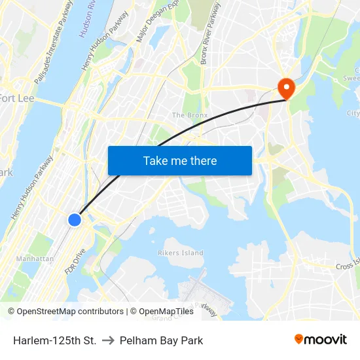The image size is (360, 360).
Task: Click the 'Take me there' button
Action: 180,160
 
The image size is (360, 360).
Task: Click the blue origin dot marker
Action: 75,220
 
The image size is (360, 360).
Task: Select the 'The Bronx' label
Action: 189,115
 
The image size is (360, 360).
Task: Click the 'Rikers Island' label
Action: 181,253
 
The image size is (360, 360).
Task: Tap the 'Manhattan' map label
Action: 35,259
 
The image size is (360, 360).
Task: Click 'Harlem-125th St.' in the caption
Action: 54,340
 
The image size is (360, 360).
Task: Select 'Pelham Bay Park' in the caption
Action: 161,340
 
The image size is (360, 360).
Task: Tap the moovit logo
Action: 320,339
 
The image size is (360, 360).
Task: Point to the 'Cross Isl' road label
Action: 347,266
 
